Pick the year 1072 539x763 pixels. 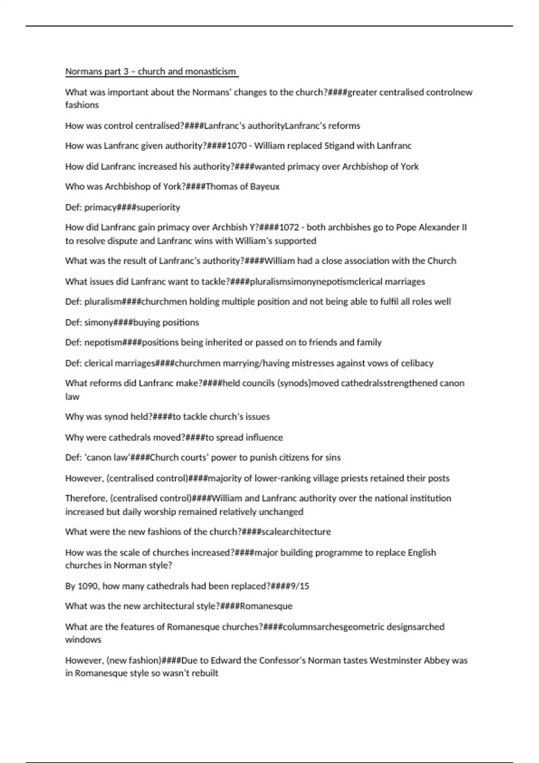pyautogui.click(x=289, y=228)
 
